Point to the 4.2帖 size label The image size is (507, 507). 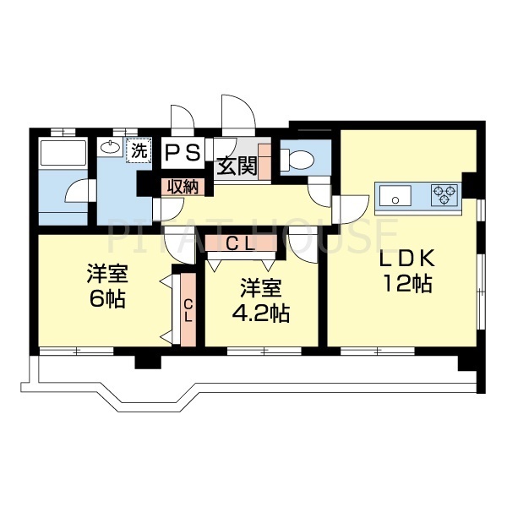tap(261, 313)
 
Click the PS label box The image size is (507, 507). tap(183, 152)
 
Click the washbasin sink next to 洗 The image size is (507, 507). tap(110, 148)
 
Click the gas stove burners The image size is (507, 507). tap(444, 195)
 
